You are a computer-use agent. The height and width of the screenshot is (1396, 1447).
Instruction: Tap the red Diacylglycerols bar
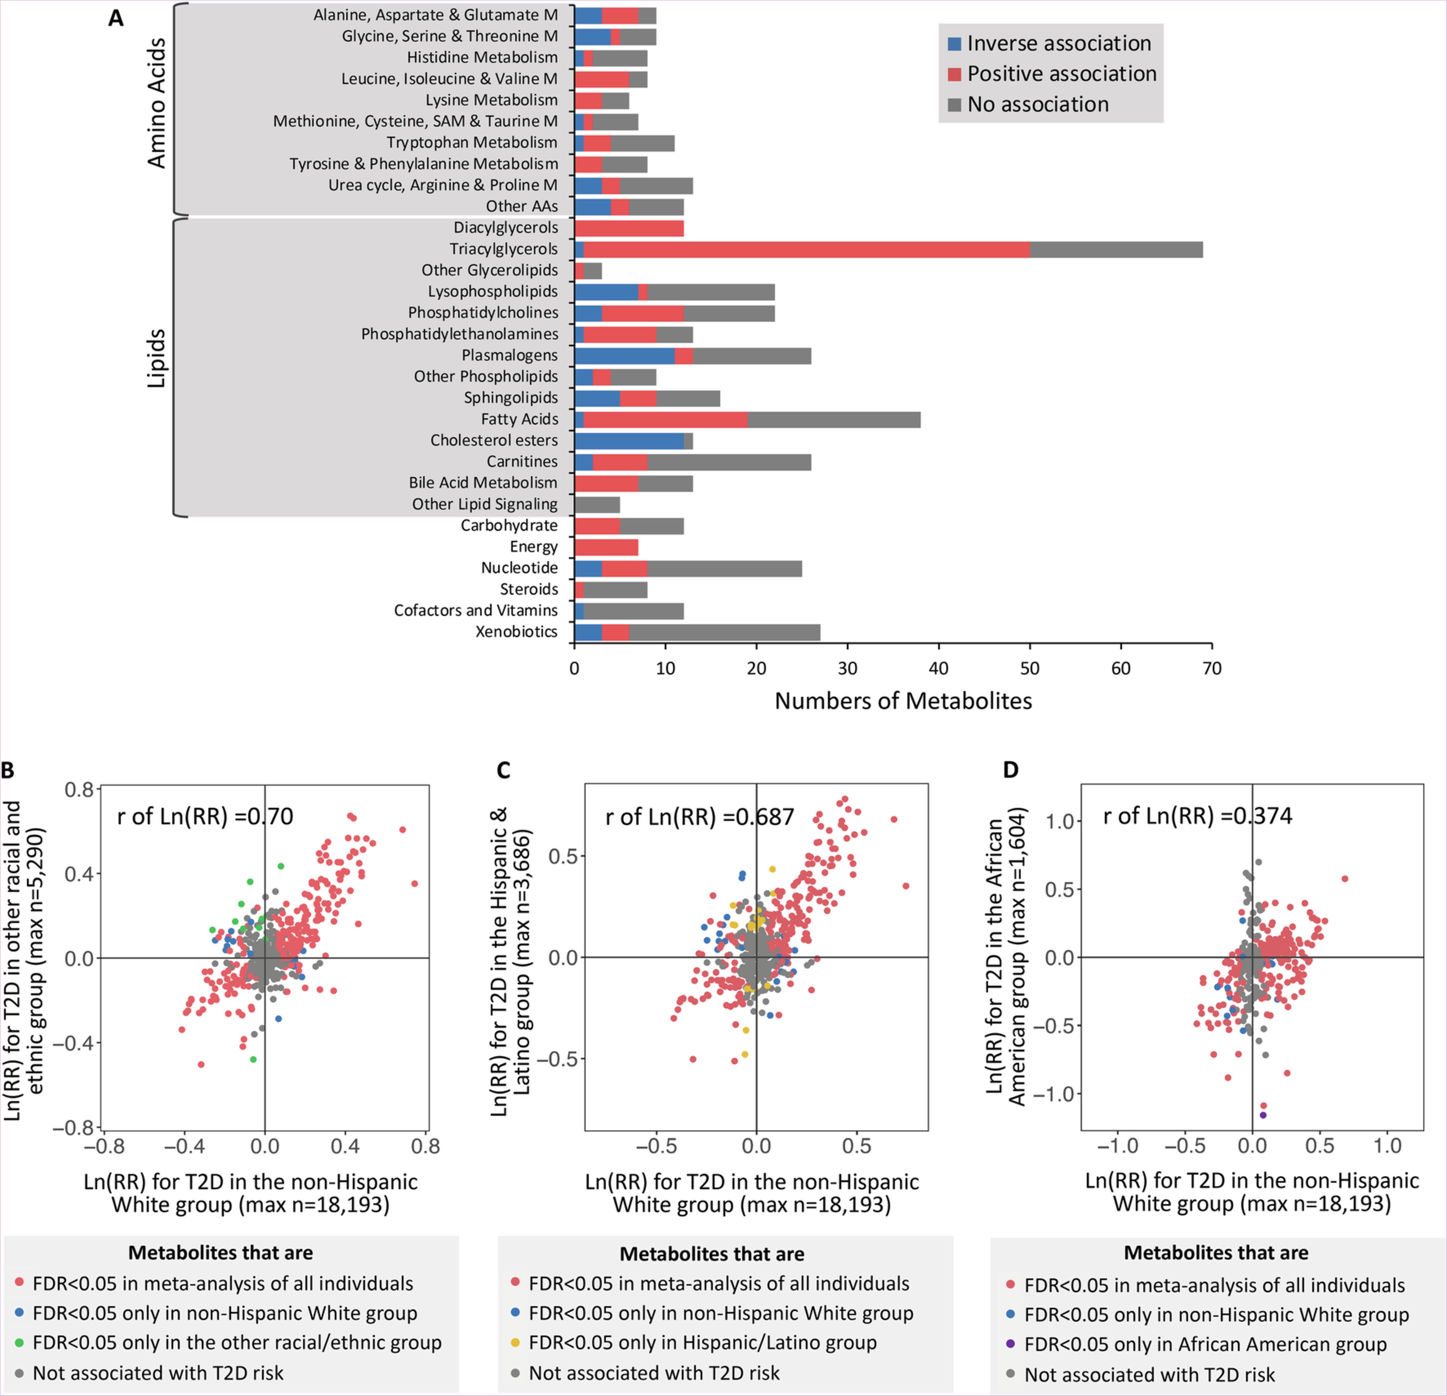click(x=629, y=228)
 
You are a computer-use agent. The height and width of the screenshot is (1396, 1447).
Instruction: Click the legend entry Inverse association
click(x=1059, y=44)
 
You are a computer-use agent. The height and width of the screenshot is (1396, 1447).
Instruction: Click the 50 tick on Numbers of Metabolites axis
click(x=1030, y=669)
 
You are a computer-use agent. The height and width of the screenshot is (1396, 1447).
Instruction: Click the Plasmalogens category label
click(x=510, y=355)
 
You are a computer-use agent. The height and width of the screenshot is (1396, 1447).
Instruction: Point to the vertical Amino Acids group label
click(x=157, y=104)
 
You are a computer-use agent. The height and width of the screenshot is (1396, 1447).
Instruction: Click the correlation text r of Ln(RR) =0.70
click(x=204, y=816)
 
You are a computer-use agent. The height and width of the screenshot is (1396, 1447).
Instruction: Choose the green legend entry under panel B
click(x=236, y=1343)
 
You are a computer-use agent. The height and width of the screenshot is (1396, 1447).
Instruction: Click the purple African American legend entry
click(x=1205, y=1344)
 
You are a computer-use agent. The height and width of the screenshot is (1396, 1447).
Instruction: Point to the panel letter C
click(x=503, y=771)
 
